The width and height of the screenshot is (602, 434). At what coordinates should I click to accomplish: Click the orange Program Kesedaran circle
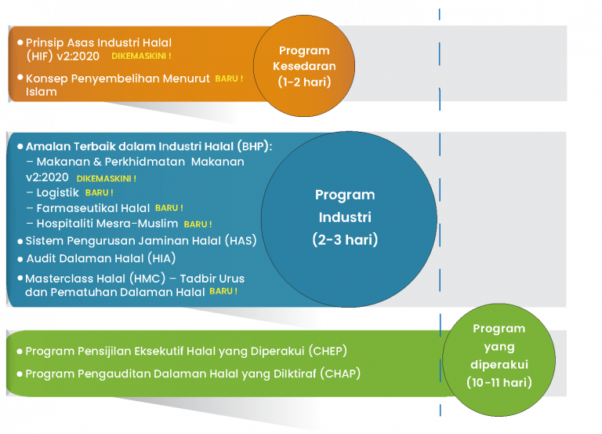tap(304, 66)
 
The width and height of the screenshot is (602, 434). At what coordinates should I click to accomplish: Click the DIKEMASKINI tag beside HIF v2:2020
tap(141, 57)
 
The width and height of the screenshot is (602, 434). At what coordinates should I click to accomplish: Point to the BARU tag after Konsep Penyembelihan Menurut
tap(229, 78)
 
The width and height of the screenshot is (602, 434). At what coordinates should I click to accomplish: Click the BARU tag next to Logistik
tap(99, 192)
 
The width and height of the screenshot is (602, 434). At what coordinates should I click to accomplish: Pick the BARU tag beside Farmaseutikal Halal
tap(169, 208)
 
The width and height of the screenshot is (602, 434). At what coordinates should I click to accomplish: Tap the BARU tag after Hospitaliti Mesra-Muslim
tap(198, 224)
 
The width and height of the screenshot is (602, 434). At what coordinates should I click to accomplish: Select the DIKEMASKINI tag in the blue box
tap(106, 178)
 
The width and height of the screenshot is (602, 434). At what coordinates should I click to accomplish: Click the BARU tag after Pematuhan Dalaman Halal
tap(223, 291)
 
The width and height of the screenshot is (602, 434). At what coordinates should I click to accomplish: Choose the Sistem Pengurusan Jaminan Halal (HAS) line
tap(140, 241)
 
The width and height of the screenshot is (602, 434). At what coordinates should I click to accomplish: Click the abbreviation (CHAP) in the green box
tap(341, 374)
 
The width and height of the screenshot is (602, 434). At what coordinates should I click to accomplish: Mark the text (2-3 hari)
tap(345, 239)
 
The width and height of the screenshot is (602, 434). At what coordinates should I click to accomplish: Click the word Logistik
tap(58, 192)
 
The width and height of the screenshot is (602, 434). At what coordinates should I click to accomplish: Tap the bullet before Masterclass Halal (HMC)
tap(20, 278)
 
